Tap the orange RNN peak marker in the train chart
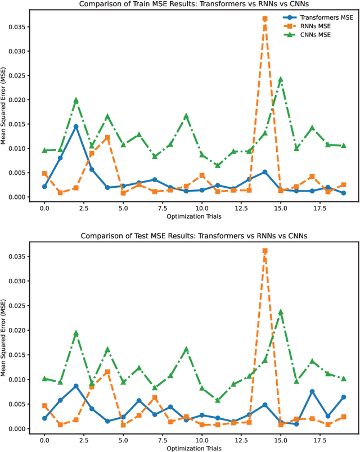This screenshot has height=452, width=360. [x=265, y=19]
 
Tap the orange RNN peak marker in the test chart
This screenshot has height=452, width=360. [x=265, y=251]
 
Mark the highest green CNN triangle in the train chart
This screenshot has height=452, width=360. [x=281, y=80]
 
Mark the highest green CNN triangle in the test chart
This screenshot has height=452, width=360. [x=281, y=312]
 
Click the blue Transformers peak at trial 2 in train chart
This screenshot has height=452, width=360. [x=76, y=126]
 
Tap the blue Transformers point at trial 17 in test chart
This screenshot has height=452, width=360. [x=312, y=392]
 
